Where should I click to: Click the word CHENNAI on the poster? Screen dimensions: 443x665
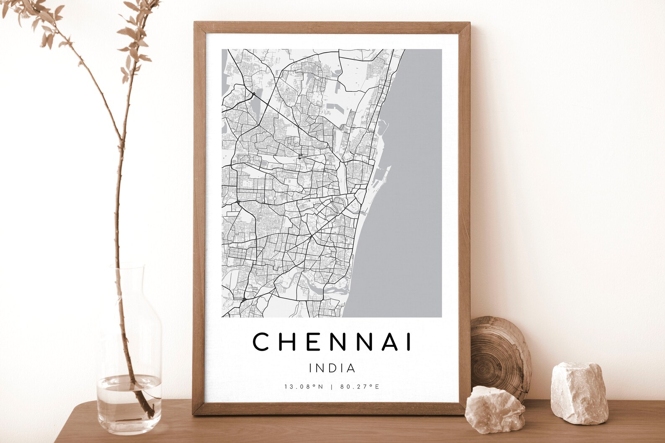(x=332, y=342)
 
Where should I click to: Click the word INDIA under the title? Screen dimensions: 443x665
(x=332, y=369)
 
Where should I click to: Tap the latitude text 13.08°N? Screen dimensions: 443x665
(x=304, y=387)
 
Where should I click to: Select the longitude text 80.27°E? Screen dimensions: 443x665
(x=360, y=387)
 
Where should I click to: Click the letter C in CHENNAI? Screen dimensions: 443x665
(x=260, y=342)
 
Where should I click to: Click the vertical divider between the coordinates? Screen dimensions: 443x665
(x=332, y=387)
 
